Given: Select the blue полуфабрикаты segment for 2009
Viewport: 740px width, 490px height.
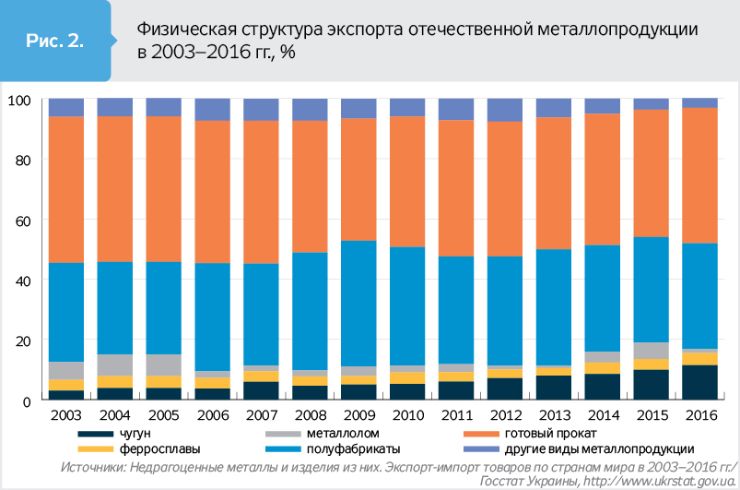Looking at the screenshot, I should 359,304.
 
